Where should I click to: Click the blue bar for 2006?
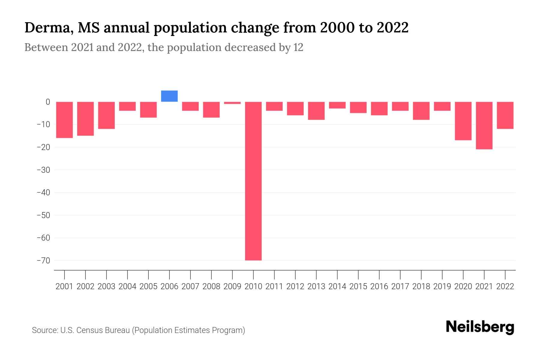pyautogui.click(x=169, y=96)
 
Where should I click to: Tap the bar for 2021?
pyautogui.click(x=484, y=125)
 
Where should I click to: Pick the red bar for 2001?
pyautogui.click(x=64, y=120)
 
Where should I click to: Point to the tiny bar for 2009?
pyautogui.click(x=232, y=103)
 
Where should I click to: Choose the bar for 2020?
pyautogui.click(x=463, y=121)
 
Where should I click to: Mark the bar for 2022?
pyautogui.click(x=505, y=115)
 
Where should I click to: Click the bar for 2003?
pyautogui.click(x=106, y=115)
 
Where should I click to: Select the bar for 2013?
pyautogui.click(x=316, y=111)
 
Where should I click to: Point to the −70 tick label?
pyautogui.click(x=43, y=260)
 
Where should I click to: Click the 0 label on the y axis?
pyautogui.click(x=48, y=102)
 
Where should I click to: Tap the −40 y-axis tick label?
pyautogui.click(x=43, y=193)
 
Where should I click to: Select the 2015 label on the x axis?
pyautogui.click(x=358, y=286)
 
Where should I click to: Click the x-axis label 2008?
pyautogui.click(x=211, y=286)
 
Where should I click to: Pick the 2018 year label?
pyautogui.click(x=421, y=286)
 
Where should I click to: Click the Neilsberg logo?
pyautogui.click(x=480, y=327)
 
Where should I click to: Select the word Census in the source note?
pyautogui.click(x=89, y=330)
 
